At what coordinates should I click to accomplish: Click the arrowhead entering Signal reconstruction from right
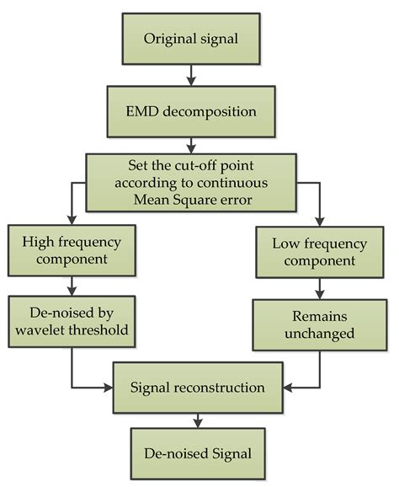coord(285,388)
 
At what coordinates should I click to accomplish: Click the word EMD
coord(147,110)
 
